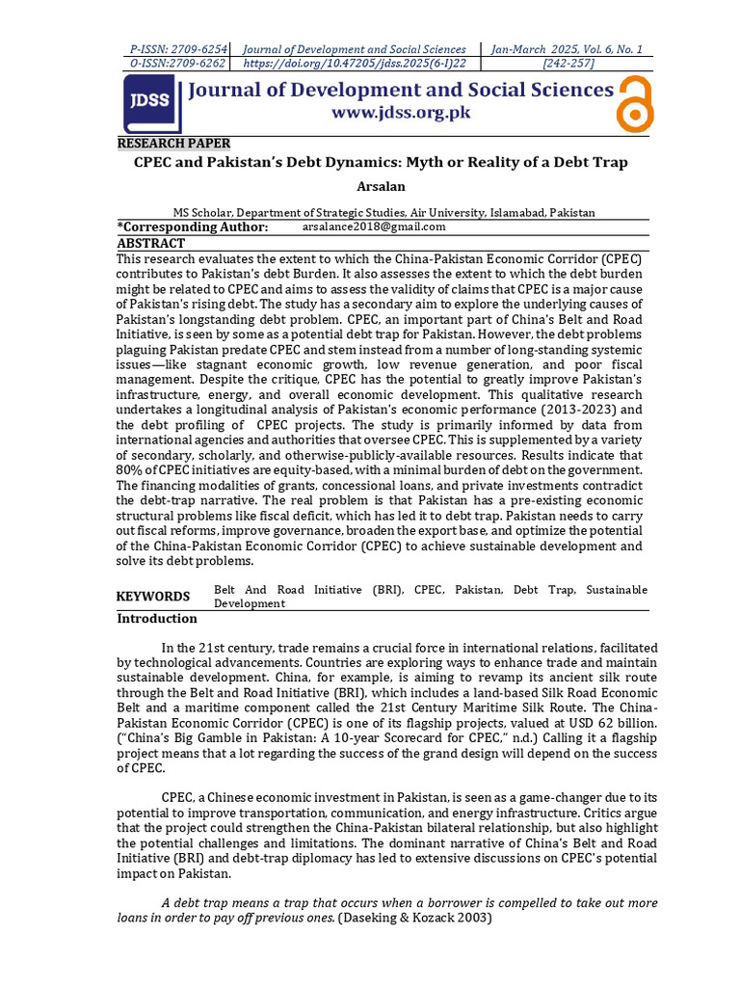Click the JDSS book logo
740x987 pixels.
click(152, 103)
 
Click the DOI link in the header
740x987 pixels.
click(356, 64)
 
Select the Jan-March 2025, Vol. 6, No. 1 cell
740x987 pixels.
click(568, 49)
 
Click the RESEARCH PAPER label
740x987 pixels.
click(173, 144)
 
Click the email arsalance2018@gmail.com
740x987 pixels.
click(374, 227)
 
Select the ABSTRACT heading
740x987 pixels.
click(150, 243)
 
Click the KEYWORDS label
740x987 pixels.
click(153, 597)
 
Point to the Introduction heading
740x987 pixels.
click(157, 619)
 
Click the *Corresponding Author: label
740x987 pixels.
click(193, 227)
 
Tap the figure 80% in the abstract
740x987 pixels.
click(130, 469)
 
